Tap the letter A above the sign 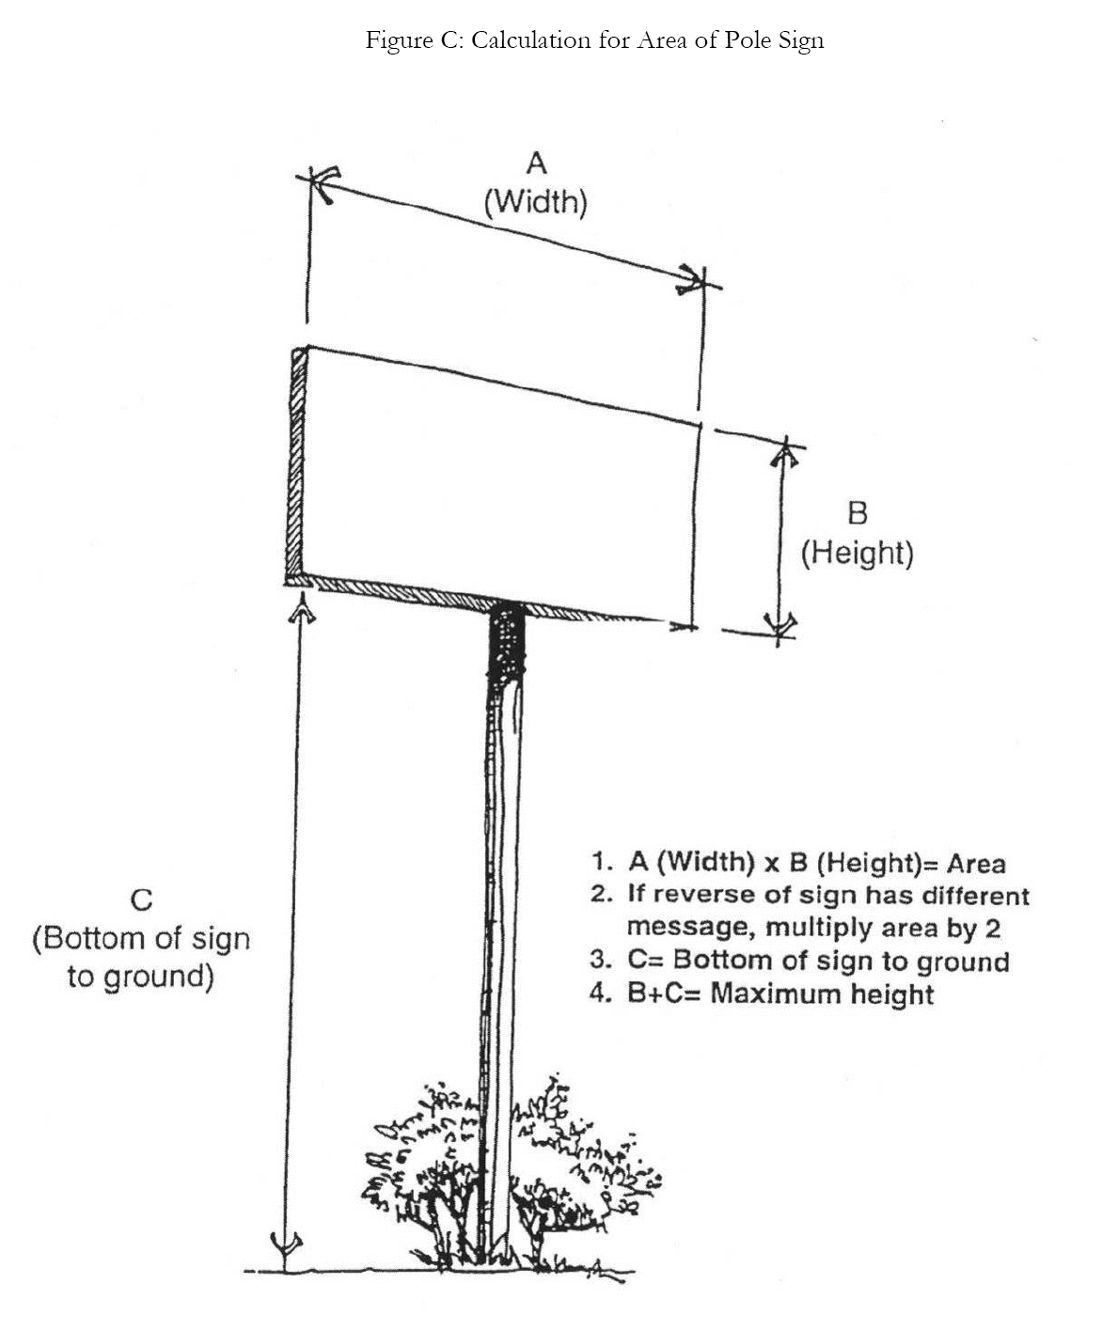tap(536, 164)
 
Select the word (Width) tap(536, 201)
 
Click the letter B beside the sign tap(857, 513)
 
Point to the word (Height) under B tap(857, 552)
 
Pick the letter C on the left tap(141, 900)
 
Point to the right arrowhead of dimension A tap(694, 279)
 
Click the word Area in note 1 tap(975, 863)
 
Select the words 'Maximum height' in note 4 tap(822, 994)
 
